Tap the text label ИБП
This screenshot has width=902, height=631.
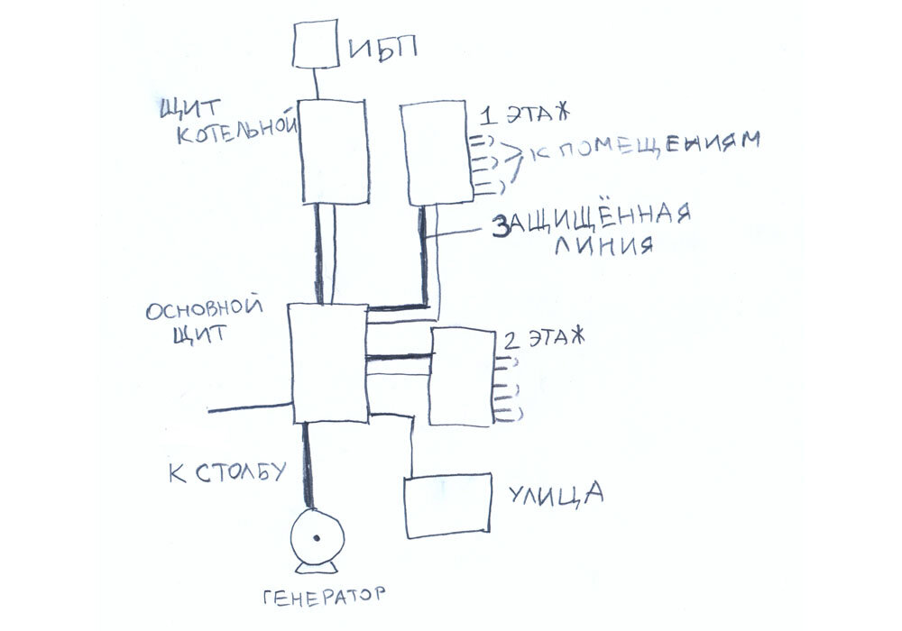(x=382, y=48)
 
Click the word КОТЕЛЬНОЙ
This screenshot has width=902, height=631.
(x=236, y=133)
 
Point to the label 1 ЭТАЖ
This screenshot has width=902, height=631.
(x=523, y=114)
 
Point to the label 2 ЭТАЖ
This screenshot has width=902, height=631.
(x=543, y=339)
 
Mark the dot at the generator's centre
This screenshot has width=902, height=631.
(x=316, y=538)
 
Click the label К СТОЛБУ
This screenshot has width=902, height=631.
(x=227, y=473)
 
